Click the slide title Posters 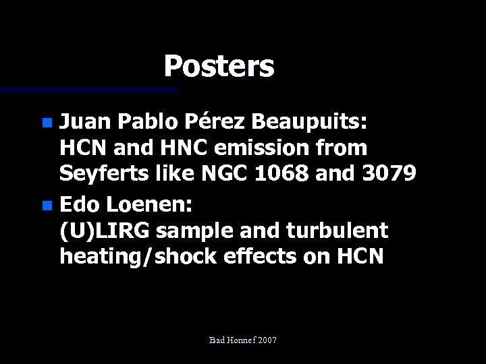pyautogui.click(x=219, y=66)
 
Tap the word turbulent pyautogui.click(x=337, y=231)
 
